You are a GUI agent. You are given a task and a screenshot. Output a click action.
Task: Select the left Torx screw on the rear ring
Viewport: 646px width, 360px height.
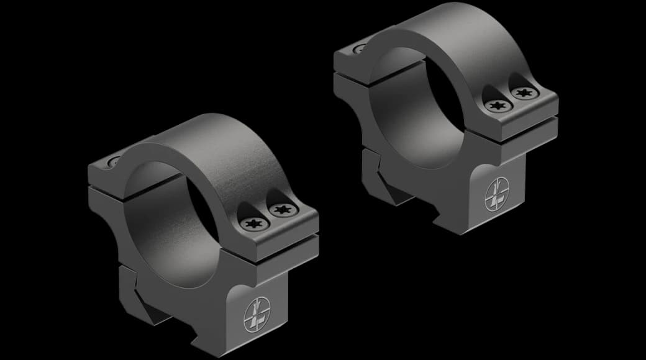point(496,106)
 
